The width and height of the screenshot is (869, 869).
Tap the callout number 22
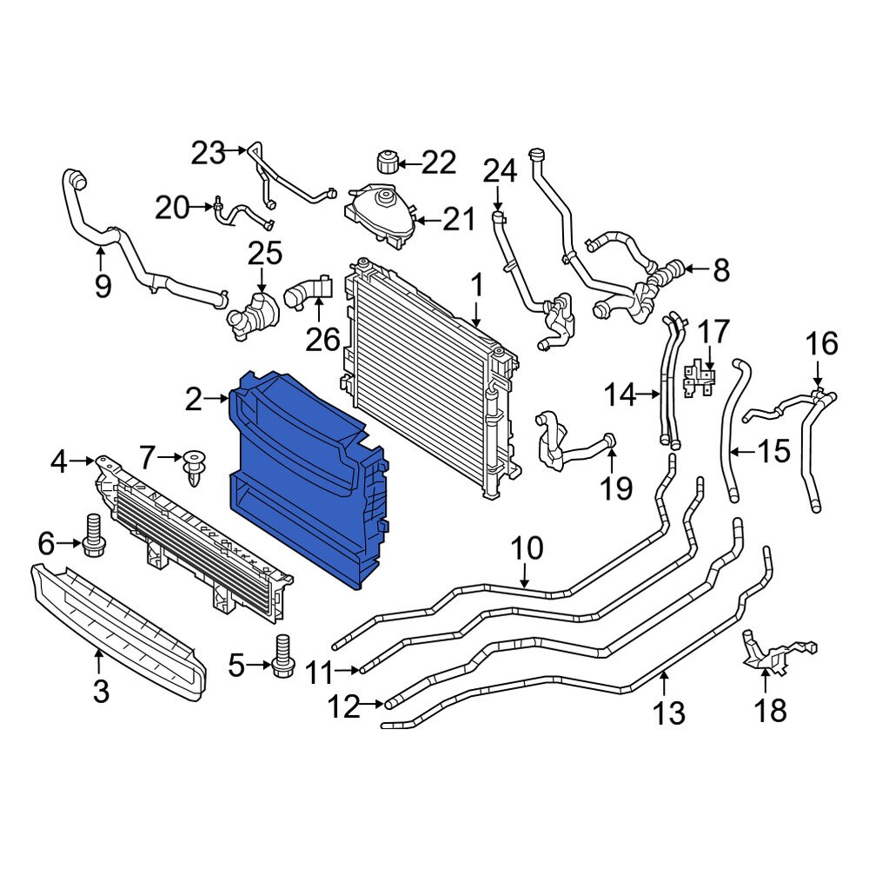click(x=439, y=162)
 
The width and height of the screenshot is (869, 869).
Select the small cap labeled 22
click(x=387, y=162)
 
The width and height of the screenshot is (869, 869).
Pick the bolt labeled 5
click(x=281, y=658)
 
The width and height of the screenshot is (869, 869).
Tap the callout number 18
click(x=771, y=710)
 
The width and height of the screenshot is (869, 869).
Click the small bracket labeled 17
click(x=700, y=380)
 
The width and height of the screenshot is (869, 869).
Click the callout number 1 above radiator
click(x=476, y=285)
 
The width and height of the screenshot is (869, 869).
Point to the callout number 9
click(x=103, y=285)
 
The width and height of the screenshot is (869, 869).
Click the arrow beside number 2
click(x=218, y=400)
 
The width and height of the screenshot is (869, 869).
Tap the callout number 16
click(x=820, y=344)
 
